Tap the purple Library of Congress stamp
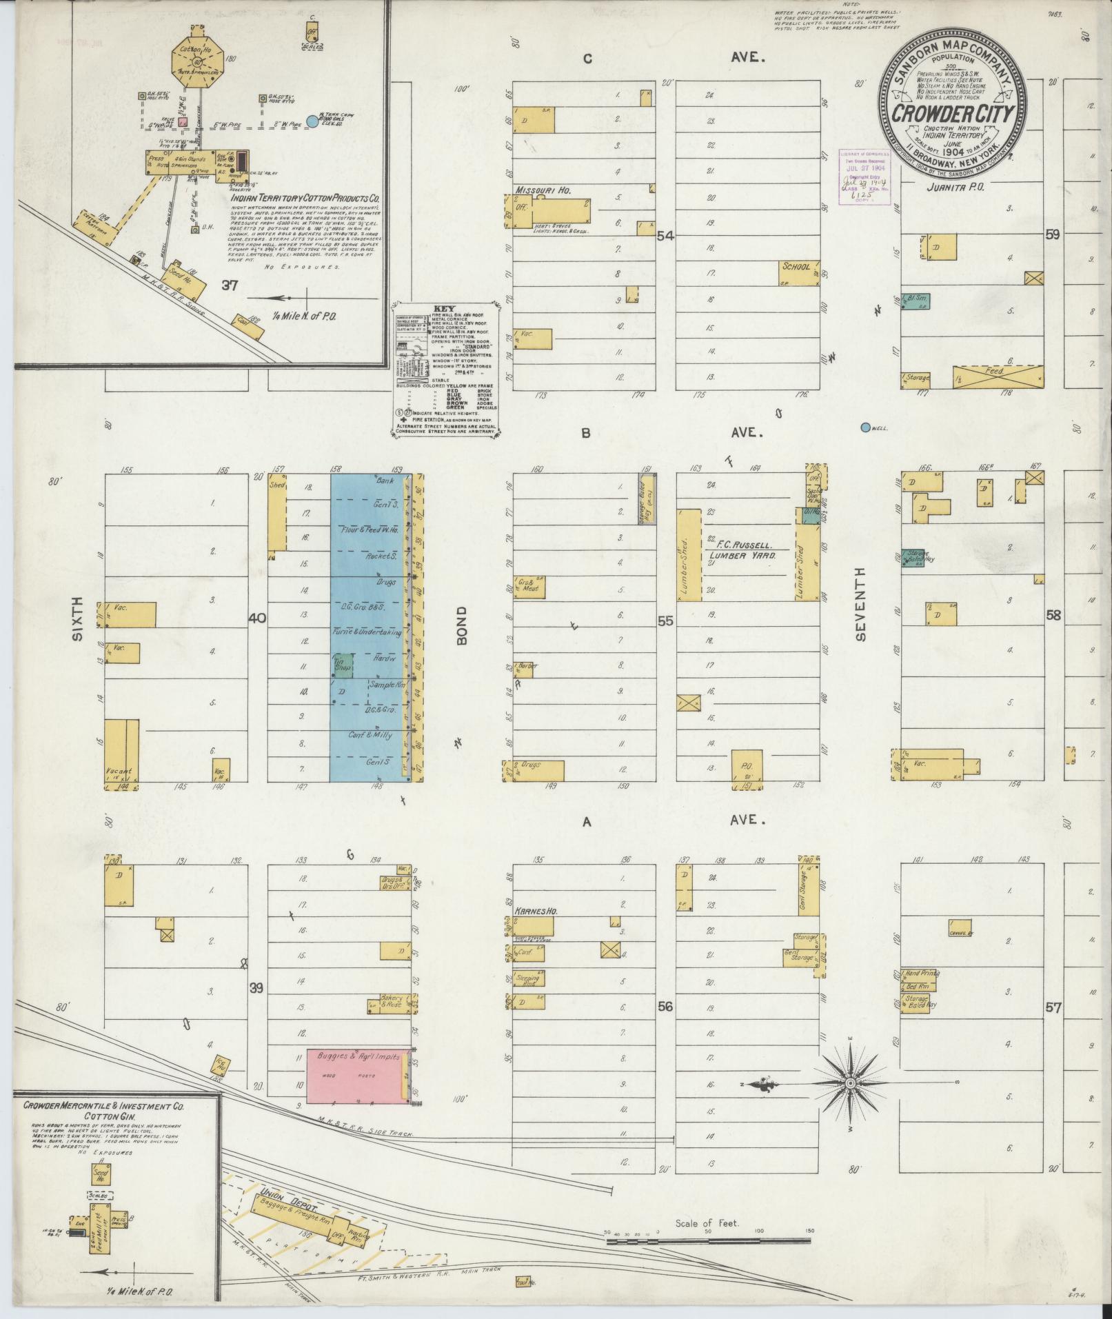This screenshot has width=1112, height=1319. pos(863,175)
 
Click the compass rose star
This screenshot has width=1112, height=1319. pos(850,1084)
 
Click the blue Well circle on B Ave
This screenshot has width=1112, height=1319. pos(865,427)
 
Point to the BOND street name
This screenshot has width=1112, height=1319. pos(461,626)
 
